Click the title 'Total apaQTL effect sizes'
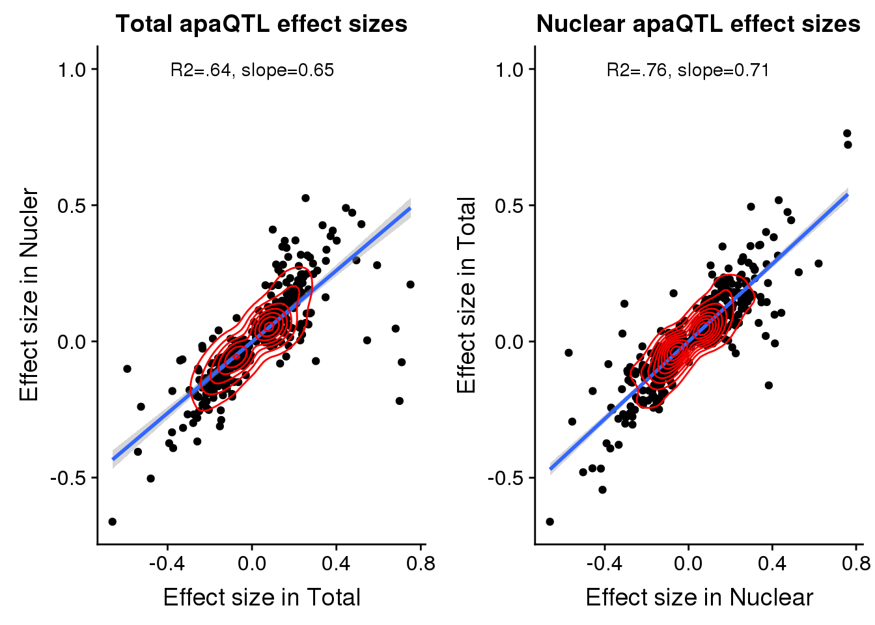[261, 24]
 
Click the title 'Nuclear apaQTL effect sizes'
[698, 24]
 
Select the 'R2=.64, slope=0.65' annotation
[252, 70]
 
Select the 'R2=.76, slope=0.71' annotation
[687, 70]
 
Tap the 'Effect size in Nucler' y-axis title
[29, 295]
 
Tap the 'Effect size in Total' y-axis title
[466, 295]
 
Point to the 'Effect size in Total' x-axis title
[261, 597]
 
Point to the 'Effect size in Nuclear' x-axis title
[699, 597]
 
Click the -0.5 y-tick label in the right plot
[506, 478]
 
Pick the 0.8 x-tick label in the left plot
[421, 563]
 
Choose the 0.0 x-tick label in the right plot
[689, 563]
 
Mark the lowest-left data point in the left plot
[112, 521]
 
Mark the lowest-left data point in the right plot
[549, 521]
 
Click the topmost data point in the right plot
[847, 133]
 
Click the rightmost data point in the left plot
[410, 285]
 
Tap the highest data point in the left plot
[305, 198]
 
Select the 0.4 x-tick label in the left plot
[337, 563]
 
